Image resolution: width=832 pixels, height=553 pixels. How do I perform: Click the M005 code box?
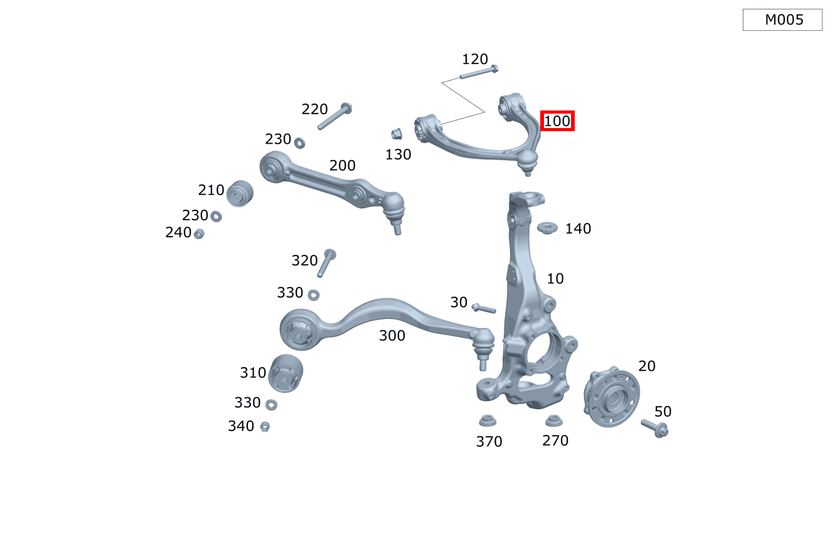782,20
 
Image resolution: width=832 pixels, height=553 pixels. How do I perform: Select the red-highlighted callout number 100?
557,121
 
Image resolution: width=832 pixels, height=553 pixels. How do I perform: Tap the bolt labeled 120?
478,73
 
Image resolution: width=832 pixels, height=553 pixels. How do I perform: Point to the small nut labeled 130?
396,134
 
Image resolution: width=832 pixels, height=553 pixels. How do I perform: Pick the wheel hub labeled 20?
610,399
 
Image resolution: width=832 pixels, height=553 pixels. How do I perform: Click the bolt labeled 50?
655,428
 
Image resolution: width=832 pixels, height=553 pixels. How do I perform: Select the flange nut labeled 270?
553,421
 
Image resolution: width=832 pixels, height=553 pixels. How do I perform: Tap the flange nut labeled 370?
488,421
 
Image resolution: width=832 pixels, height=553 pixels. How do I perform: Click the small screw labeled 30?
483,308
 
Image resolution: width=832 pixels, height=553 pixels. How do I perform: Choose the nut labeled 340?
265,426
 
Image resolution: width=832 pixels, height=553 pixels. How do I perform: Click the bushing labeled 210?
239,193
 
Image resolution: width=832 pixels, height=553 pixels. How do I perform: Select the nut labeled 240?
199,234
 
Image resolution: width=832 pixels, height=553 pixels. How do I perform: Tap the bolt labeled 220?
334,116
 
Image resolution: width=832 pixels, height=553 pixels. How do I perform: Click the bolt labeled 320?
326,262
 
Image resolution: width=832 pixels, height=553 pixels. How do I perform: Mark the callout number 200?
343,166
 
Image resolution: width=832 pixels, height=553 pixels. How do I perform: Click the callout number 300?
392,336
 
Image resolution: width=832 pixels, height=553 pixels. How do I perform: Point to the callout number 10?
555,278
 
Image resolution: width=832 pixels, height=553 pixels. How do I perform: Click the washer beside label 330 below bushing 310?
272,404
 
